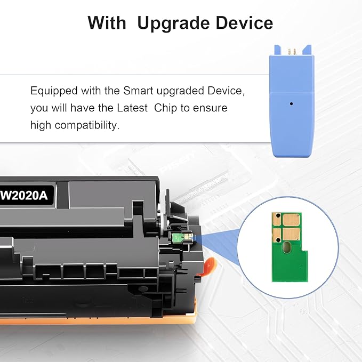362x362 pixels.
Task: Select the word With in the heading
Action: pos(107,23)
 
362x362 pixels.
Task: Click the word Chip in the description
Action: pos(165,108)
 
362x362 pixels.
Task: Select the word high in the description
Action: pos(41,125)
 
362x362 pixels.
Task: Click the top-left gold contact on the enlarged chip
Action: pos(277,218)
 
